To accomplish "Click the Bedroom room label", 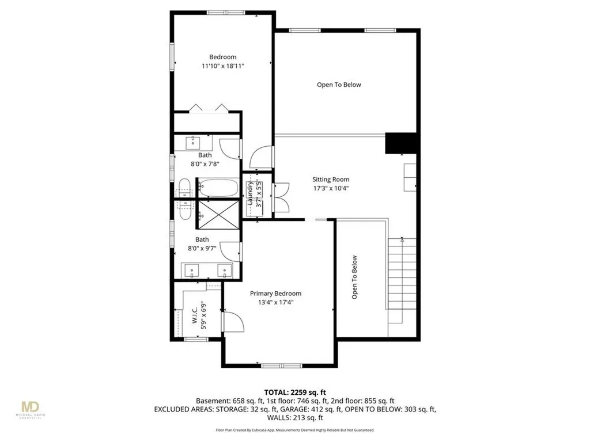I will pyautogui.click(x=222, y=57).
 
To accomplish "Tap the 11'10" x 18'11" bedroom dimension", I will pyautogui.click(x=222, y=67).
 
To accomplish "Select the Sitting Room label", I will pyautogui.click(x=331, y=180).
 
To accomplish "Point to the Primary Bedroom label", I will pyautogui.click(x=275, y=294).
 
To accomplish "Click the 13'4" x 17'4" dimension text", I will pyautogui.click(x=275, y=303).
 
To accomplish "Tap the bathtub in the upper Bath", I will pyautogui.click(x=218, y=188).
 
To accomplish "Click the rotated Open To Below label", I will pyautogui.click(x=354, y=277).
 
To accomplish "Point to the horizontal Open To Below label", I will pyautogui.click(x=339, y=85).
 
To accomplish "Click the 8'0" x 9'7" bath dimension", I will pyautogui.click(x=202, y=249).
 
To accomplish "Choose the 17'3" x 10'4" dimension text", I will pyautogui.click(x=331, y=188).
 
